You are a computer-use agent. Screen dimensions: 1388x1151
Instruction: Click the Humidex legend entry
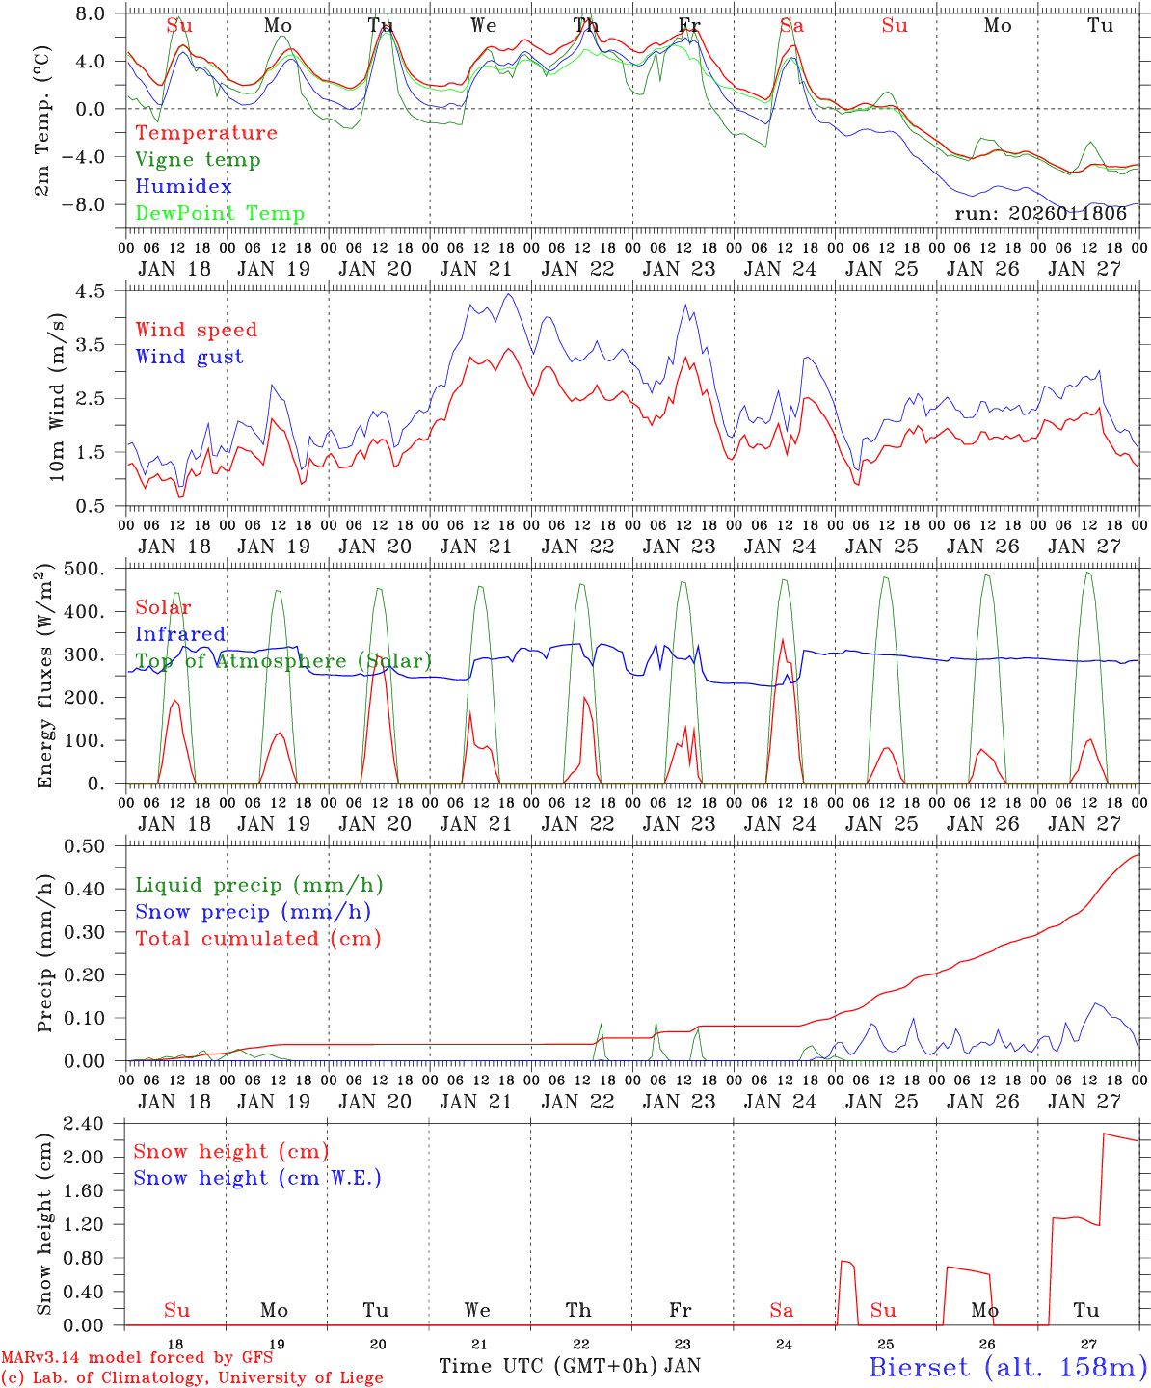click(183, 187)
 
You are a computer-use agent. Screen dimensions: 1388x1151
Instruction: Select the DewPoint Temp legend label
click(220, 214)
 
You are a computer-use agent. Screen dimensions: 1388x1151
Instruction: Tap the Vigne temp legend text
click(198, 160)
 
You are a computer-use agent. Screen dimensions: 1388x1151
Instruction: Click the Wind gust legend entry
click(189, 357)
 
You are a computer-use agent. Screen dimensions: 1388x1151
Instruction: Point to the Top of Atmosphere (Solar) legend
click(282, 661)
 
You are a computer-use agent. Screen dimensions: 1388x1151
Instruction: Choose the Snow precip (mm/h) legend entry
click(253, 912)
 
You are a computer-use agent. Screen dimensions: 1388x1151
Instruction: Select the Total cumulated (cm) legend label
click(257, 938)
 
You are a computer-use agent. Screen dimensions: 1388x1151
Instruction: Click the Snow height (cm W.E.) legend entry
click(257, 1178)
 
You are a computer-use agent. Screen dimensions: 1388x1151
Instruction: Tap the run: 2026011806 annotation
click(1040, 214)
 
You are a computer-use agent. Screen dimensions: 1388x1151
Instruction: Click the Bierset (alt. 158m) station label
click(1007, 1366)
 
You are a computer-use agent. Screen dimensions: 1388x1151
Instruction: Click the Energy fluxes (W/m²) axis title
click(44, 678)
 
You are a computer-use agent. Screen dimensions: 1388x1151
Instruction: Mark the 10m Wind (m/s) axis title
click(56, 398)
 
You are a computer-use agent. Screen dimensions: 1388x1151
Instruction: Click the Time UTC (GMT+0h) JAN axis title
click(570, 1366)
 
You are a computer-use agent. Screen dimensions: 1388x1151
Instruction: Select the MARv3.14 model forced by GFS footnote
click(137, 1358)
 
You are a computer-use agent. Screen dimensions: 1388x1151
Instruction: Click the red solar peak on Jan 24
click(782, 640)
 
